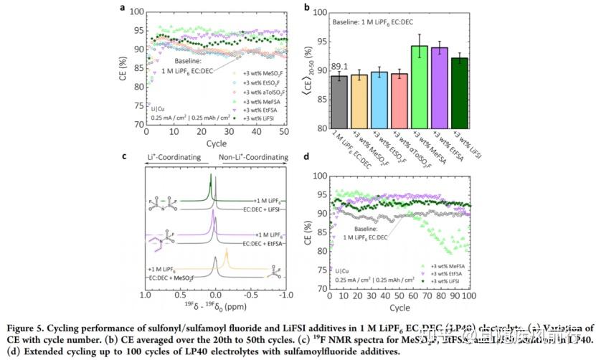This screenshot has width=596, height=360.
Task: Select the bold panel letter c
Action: click(x=124, y=156)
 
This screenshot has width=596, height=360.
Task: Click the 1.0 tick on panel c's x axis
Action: click(x=145, y=295)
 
